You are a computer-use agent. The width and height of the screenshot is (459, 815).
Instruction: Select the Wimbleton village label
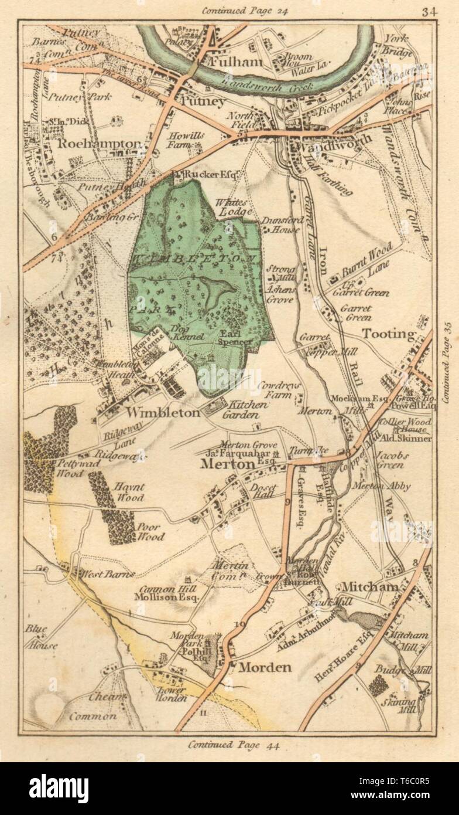pyautogui.click(x=155, y=412)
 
